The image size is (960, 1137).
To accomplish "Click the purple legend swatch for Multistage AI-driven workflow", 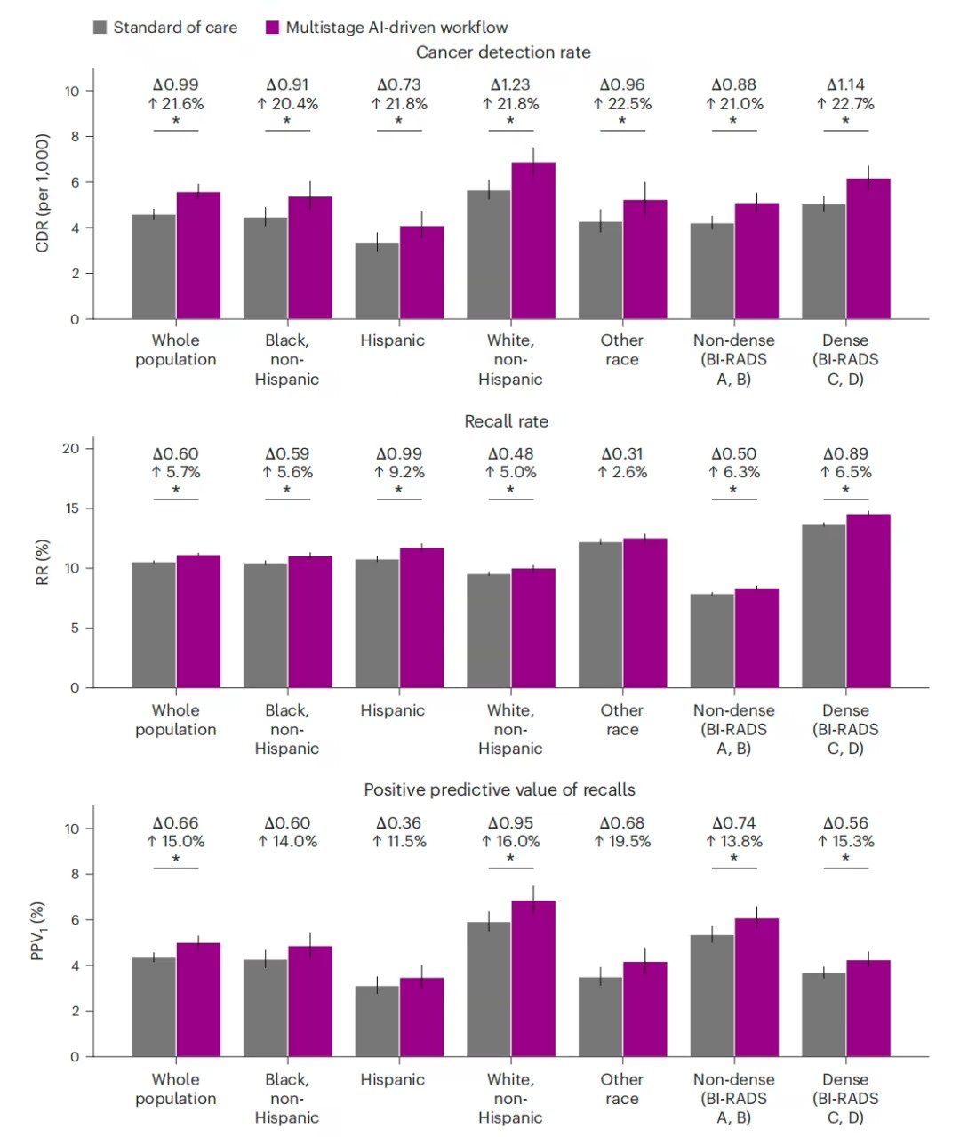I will coord(273,28).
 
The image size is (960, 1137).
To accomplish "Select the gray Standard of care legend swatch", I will coord(100,28).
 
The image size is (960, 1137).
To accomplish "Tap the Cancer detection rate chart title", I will coord(503,52).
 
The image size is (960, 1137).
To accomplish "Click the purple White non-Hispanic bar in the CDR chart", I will coord(533,240).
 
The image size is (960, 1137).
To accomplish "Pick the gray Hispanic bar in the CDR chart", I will coord(377,280).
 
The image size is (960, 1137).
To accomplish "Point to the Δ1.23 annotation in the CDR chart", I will coord(510,84).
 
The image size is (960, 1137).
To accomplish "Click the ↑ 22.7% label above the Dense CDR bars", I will coord(845,104).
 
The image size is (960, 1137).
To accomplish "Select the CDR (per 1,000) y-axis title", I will coord(42,193).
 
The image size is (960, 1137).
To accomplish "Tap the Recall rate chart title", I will coord(506,421).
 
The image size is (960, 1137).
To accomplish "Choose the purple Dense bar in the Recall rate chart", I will coord(868,601).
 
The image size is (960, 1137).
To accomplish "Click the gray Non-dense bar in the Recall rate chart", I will coord(712,640).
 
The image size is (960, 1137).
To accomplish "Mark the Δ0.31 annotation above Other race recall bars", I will coord(622,454).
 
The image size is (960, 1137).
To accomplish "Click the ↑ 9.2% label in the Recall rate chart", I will coord(399,473).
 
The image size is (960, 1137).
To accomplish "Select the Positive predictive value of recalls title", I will coord(500,789).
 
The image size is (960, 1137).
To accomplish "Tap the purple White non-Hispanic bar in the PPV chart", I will coord(533,978).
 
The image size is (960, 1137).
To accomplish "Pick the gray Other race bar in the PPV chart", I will coord(600,1017).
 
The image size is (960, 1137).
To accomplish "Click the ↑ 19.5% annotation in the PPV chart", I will coord(622,842).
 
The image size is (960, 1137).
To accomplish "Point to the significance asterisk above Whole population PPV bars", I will coord(176,860).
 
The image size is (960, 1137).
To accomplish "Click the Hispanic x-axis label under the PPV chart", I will coord(392,1079).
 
